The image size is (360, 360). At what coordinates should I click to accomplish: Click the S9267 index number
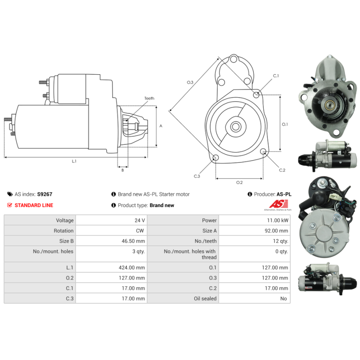pyautogui.click(x=45, y=194)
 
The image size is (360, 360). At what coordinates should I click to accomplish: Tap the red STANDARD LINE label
pyautogui.click(x=34, y=205)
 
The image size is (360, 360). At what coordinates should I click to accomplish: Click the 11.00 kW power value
pyautogui.click(x=278, y=220)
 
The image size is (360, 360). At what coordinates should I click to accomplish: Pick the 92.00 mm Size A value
pyautogui.click(x=276, y=231)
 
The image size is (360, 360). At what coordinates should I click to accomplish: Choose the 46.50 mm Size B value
pyautogui.click(x=133, y=241)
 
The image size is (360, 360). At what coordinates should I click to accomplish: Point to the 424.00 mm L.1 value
pyautogui.click(x=132, y=267)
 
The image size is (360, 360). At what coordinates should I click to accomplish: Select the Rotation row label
pyautogui.click(x=63, y=231)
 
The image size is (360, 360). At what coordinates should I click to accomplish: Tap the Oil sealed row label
pyautogui.click(x=205, y=298)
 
